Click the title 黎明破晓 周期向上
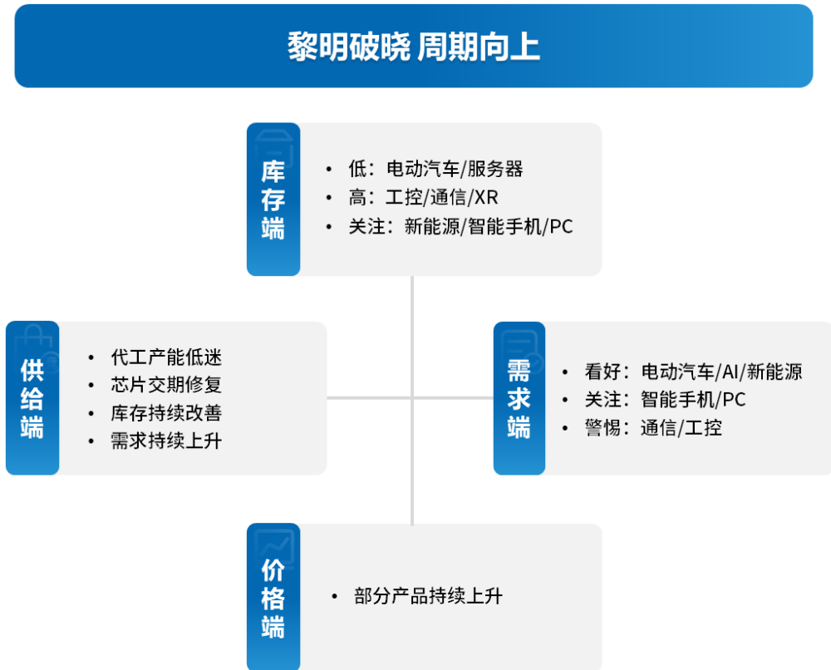click(414, 47)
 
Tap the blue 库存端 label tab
click(273, 200)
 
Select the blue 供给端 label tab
click(32, 398)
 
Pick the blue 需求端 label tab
click(519, 398)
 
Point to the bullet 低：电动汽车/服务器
click(435, 170)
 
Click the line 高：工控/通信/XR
click(423, 198)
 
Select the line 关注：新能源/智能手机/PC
click(460, 226)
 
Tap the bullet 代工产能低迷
click(166, 357)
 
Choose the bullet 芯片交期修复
click(166, 385)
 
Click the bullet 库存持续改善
click(166, 413)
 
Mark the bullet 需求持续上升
click(166, 441)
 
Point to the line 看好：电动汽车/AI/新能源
click(693, 372)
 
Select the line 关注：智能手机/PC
click(665, 400)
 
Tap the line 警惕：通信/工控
click(653, 428)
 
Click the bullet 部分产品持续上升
click(428, 596)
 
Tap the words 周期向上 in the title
click(479, 47)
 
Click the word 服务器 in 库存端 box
click(495, 170)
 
